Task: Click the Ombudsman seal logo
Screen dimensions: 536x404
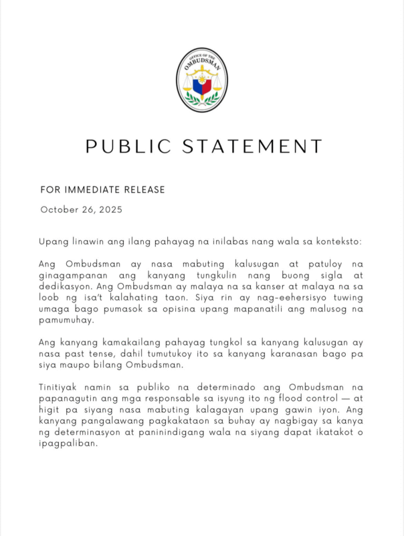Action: click(202, 80)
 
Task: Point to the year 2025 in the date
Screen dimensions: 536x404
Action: click(108, 209)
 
